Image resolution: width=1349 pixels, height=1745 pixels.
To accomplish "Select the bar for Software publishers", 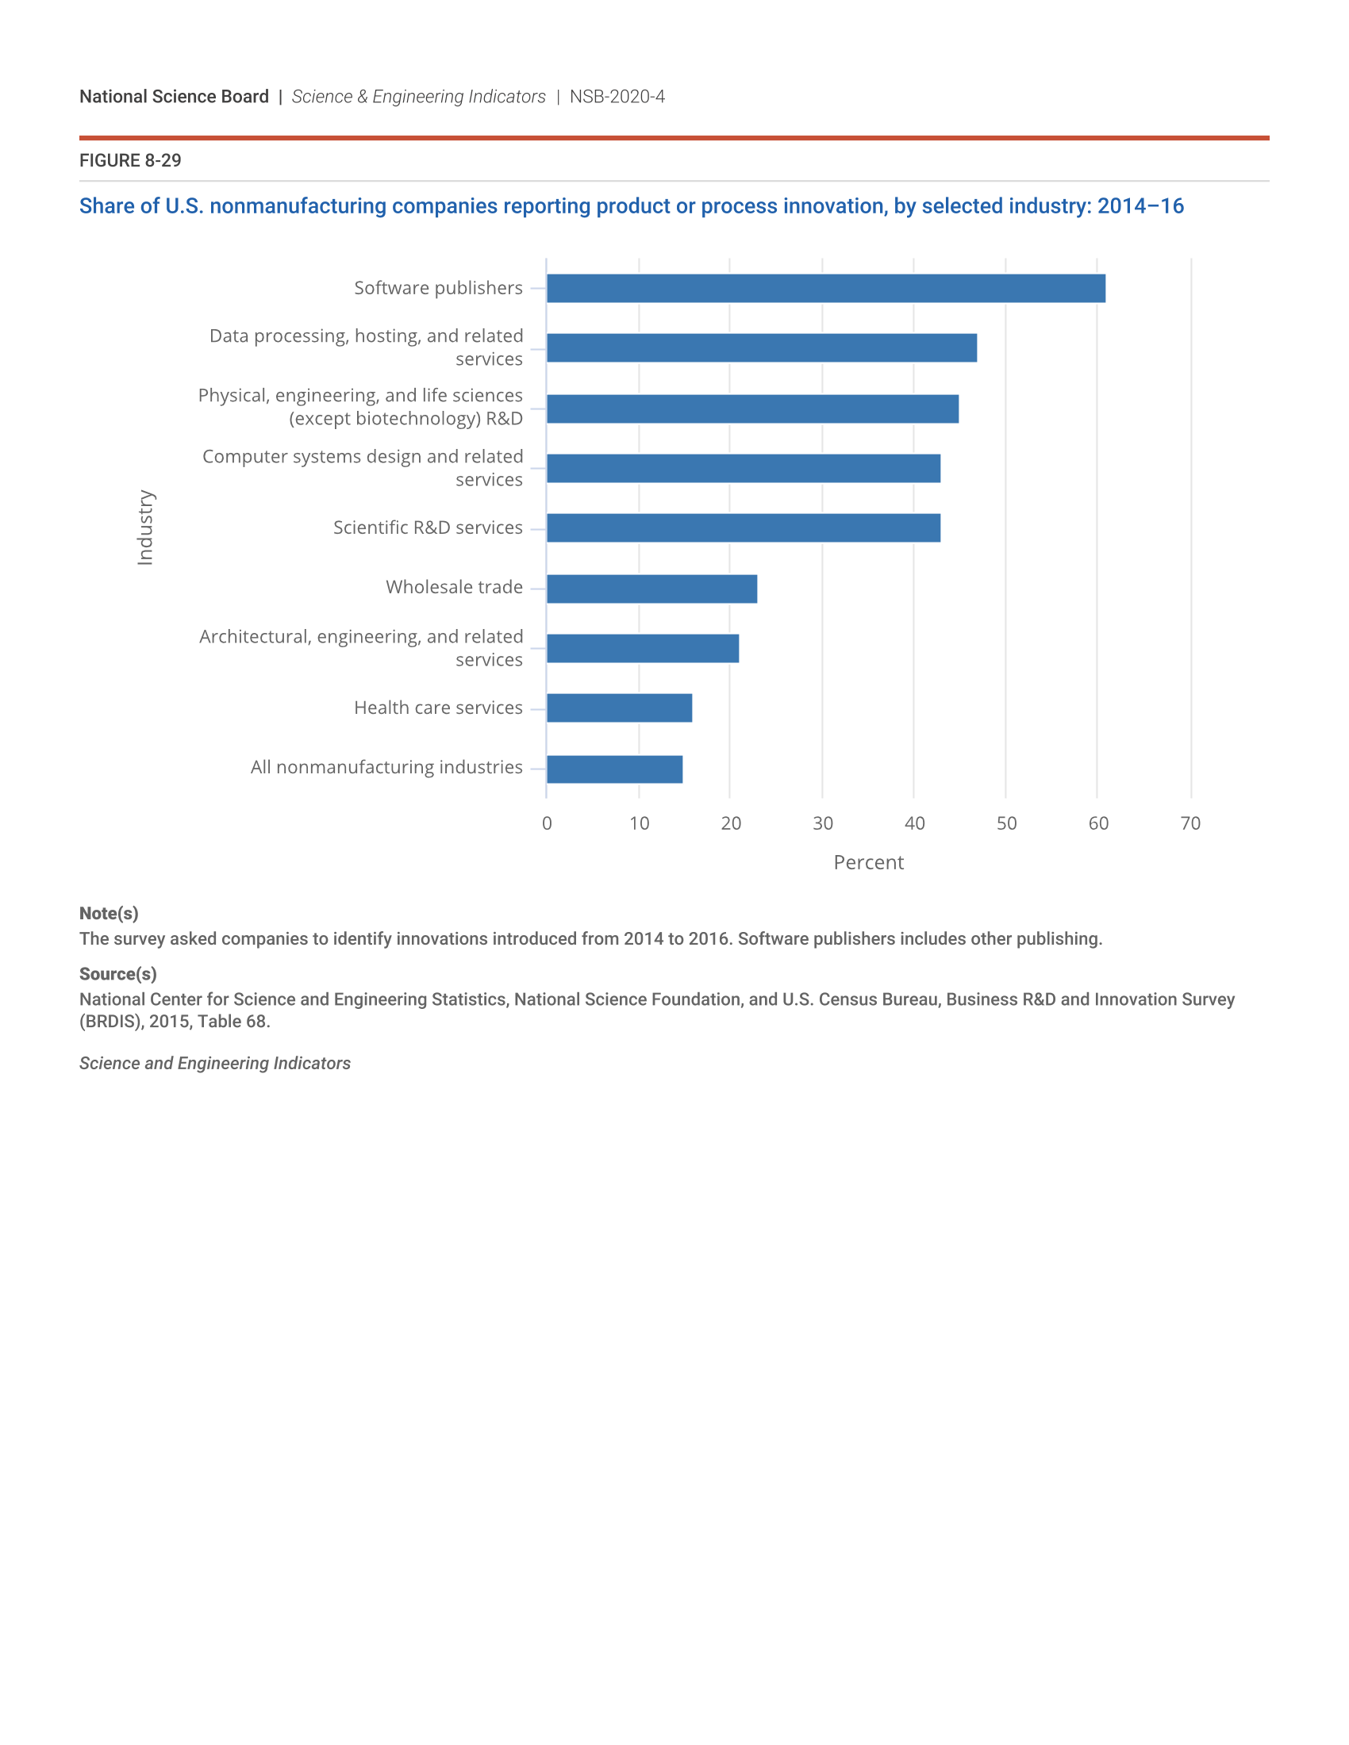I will click(x=825, y=289).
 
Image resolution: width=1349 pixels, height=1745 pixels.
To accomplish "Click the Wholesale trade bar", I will click(x=651, y=589).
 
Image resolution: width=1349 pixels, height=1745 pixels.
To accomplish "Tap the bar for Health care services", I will click(x=620, y=708).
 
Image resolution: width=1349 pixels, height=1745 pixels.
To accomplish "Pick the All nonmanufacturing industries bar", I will click(x=614, y=769).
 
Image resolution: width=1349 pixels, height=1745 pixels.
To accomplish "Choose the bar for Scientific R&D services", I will click(x=744, y=528).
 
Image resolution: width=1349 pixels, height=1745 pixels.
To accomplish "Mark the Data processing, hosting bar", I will click(x=762, y=348).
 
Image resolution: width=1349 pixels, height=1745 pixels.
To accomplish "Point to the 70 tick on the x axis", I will click(x=1190, y=824).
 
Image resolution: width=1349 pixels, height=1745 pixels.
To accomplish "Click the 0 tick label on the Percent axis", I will click(x=547, y=824).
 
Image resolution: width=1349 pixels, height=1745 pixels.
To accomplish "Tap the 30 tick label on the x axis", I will click(x=822, y=824).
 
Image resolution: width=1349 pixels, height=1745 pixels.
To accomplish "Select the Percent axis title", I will click(x=868, y=863).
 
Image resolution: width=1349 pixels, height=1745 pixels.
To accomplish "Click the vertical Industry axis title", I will click(x=144, y=527).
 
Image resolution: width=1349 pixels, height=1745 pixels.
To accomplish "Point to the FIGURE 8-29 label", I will click(x=130, y=160).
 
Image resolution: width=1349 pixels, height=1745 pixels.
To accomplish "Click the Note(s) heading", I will click(x=109, y=913).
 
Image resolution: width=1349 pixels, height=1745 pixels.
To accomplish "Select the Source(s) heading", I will click(x=117, y=974).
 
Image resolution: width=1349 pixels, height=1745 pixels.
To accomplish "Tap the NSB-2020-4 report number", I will click(x=617, y=97).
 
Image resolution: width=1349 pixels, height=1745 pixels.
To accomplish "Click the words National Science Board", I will click(x=174, y=97).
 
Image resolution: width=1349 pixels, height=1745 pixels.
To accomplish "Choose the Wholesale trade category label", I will click(x=454, y=587).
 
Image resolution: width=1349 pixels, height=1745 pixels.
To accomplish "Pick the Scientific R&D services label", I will click(x=428, y=528).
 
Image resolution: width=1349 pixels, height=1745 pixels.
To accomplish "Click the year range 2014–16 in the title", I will click(x=1140, y=206).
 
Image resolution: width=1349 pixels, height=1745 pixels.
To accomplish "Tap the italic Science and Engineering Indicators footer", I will click(x=214, y=1064).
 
